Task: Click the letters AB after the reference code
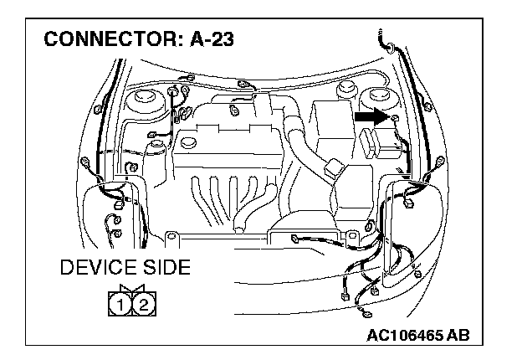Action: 457,336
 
